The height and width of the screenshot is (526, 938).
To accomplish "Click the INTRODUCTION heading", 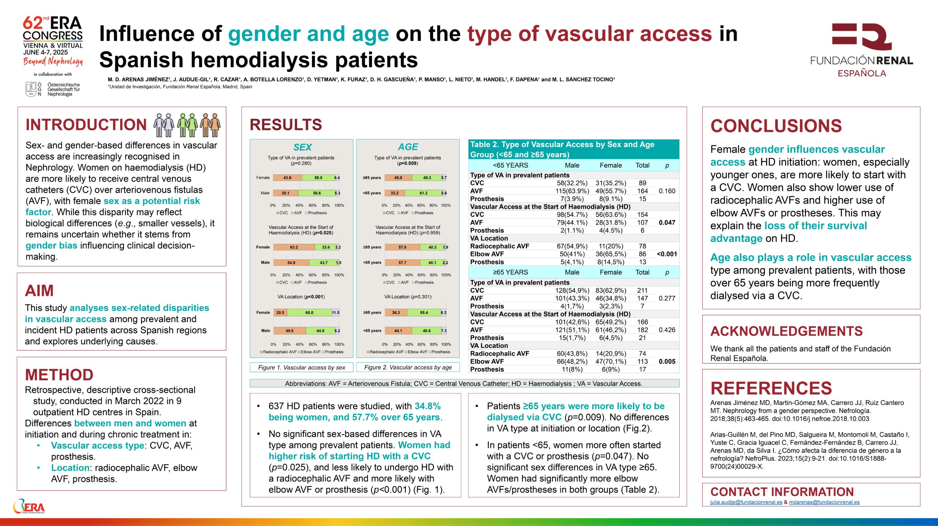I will (x=86, y=125).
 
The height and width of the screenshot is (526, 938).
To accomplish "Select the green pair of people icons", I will (x=187, y=125).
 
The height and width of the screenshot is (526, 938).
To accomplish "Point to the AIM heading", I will (x=39, y=291).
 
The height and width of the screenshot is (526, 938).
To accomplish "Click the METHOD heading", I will (x=59, y=375).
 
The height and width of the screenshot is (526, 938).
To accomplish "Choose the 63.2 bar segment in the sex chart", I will (x=294, y=247).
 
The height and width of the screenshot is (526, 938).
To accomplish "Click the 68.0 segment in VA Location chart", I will (x=309, y=313).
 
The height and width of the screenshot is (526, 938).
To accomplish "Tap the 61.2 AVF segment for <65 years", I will (x=423, y=193).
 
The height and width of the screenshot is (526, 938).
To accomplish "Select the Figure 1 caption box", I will (x=301, y=368).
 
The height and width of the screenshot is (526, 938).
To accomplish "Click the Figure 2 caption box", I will (x=408, y=368).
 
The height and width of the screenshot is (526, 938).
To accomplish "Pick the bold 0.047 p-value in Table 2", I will (x=667, y=223).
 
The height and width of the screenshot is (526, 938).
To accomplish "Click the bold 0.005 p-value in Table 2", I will (x=667, y=361).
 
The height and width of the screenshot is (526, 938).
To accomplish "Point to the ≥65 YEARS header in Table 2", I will (x=510, y=272).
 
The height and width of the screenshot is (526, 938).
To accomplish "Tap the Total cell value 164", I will (x=642, y=191).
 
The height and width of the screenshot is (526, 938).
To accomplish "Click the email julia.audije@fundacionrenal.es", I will (x=746, y=502).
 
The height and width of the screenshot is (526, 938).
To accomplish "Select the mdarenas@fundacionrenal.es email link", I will (x=824, y=502).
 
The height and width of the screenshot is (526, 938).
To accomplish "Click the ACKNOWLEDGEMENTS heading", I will (x=786, y=331).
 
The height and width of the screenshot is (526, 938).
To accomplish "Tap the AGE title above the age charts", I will (x=408, y=147).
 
